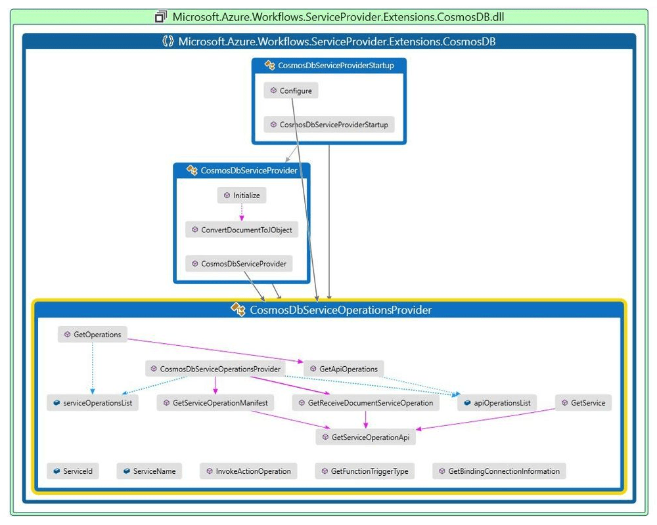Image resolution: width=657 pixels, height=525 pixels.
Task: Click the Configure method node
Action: pyautogui.click(x=291, y=91)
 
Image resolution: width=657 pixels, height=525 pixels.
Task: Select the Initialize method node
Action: pyautogui.click(x=242, y=195)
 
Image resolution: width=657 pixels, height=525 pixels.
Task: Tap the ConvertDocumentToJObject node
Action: pyautogui.click(x=242, y=229)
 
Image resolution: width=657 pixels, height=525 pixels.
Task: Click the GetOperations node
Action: pyautogui.click(x=93, y=334)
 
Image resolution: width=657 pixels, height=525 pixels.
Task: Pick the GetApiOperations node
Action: pyautogui.click(x=343, y=369)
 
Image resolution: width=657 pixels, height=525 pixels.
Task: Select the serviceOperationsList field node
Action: pyautogui.click(x=93, y=403)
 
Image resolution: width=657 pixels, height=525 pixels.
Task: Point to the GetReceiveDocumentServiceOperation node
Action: pyautogui.click(x=365, y=403)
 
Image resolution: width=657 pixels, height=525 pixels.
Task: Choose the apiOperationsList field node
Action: pyautogui.click(x=497, y=403)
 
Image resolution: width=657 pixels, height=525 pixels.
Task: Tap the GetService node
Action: pyautogui.click(x=583, y=403)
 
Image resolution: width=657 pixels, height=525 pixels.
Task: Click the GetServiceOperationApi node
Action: pyautogui.click(x=365, y=437)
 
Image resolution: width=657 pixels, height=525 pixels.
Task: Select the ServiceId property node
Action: pyautogui.click(x=73, y=471)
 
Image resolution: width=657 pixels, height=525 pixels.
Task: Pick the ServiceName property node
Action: pyautogui.click(x=150, y=471)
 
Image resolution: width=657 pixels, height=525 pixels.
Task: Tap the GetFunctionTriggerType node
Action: pyautogui.click(x=365, y=471)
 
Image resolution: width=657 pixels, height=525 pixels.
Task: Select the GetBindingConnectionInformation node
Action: pyautogui.click(x=499, y=471)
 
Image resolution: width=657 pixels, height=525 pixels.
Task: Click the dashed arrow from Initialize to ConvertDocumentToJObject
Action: pyautogui.click(x=242, y=212)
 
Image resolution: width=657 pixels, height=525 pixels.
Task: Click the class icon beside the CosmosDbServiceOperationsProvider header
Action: pyautogui.click(x=238, y=309)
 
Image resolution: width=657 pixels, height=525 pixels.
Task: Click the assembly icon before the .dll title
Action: pyautogui.click(x=161, y=16)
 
